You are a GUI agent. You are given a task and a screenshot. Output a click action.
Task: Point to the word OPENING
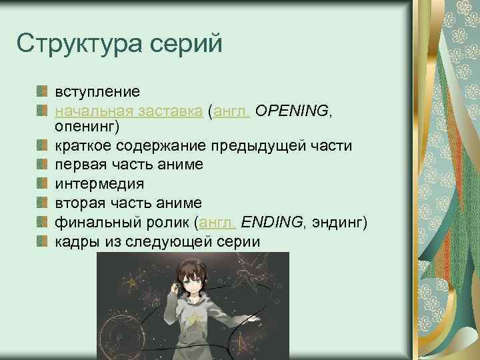coord(291,110)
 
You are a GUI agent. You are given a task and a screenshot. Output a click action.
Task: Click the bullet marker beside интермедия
coord(42,182)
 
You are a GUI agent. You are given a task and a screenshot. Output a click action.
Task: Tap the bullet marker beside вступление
coord(42,90)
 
